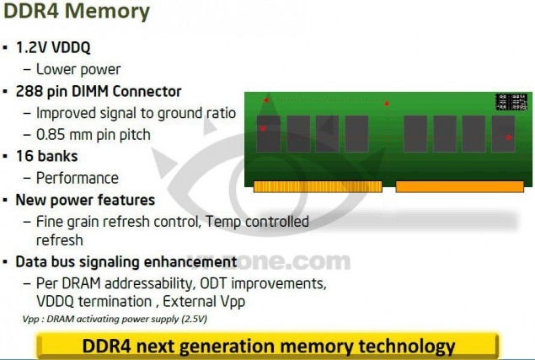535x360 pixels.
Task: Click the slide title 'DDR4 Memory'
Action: pyautogui.click(x=77, y=11)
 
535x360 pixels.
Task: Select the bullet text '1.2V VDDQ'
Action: pyautogui.click(x=53, y=47)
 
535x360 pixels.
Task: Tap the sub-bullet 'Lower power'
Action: pyautogui.click(x=78, y=69)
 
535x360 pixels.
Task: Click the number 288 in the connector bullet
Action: pyautogui.click(x=29, y=91)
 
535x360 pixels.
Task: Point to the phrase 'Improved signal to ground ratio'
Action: pyautogui.click(x=136, y=113)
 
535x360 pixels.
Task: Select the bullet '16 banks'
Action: pyautogui.click(x=46, y=156)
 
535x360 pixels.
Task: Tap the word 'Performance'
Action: pyautogui.click(x=78, y=178)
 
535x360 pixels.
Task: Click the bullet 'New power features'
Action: pyautogui.click(x=85, y=200)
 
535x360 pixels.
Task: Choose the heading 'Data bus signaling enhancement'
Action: pyautogui.click(x=126, y=262)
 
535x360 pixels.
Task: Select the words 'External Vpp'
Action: pyautogui.click(x=204, y=302)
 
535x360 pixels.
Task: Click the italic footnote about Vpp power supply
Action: pyautogui.click(x=115, y=319)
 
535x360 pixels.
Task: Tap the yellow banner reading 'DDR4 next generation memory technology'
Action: pyautogui.click(x=268, y=346)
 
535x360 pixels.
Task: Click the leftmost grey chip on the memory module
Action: pyautogui.click(x=269, y=133)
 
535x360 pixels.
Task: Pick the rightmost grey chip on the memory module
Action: pyautogui.click(x=503, y=133)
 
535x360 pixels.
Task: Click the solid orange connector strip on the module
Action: pyautogui.click(x=460, y=187)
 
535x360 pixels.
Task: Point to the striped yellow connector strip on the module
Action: pyautogui.click(x=318, y=187)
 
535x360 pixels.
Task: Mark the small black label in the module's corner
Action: pyautogui.click(x=511, y=102)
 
